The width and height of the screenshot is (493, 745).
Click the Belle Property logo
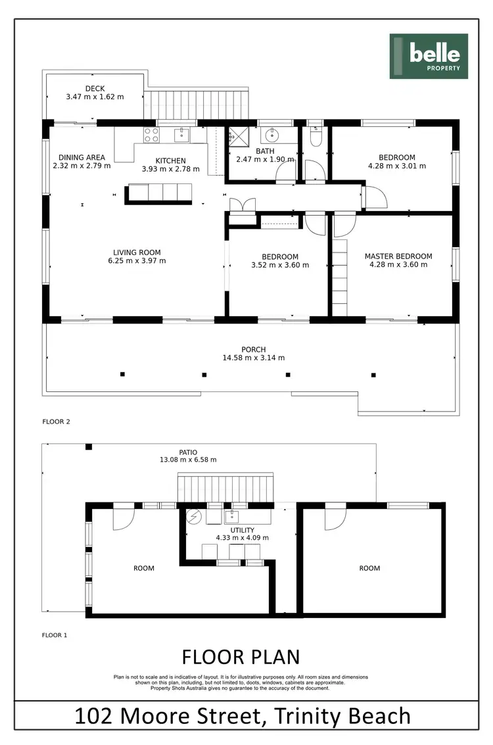pyautogui.click(x=429, y=56)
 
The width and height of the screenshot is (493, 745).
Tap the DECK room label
pyautogui.click(x=95, y=89)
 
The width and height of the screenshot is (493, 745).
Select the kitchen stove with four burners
pyautogui.click(x=151, y=135)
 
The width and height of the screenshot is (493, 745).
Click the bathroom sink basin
pyautogui.click(x=272, y=136)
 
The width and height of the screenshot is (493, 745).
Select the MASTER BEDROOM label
pyautogui.click(x=398, y=256)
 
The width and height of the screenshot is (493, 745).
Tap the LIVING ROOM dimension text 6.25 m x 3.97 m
pyautogui.click(x=137, y=260)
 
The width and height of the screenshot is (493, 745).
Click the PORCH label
pyautogui.click(x=253, y=349)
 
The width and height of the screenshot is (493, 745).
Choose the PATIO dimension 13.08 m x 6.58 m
pyautogui.click(x=189, y=460)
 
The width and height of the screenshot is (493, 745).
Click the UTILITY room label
pyautogui.click(x=241, y=529)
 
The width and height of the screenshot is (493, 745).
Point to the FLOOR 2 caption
pyautogui.click(x=56, y=421)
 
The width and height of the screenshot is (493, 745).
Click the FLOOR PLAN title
pyautogui.click(x=241, y=657)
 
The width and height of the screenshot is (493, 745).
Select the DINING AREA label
pyautogui.click(x=82, y=157)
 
